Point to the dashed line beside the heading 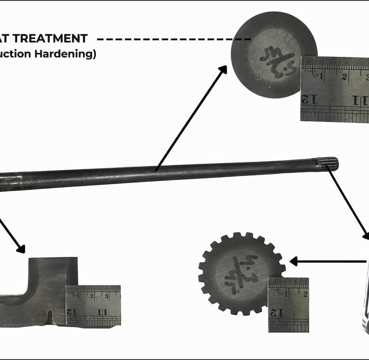point(173,39)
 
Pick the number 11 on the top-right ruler point(359,100)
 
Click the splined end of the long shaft point(327,165)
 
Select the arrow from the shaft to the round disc point(191,118)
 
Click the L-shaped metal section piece point(43,293)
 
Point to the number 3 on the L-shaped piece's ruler point(107,296)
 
